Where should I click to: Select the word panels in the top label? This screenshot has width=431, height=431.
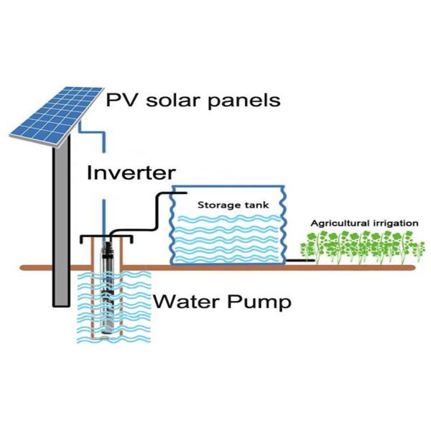tap(244, 100)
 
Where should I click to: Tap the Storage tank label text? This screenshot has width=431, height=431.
tap(224, 205)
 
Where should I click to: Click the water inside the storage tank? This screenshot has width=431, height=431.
tap(226, 241)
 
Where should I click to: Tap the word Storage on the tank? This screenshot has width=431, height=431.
tap(210, 205)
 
